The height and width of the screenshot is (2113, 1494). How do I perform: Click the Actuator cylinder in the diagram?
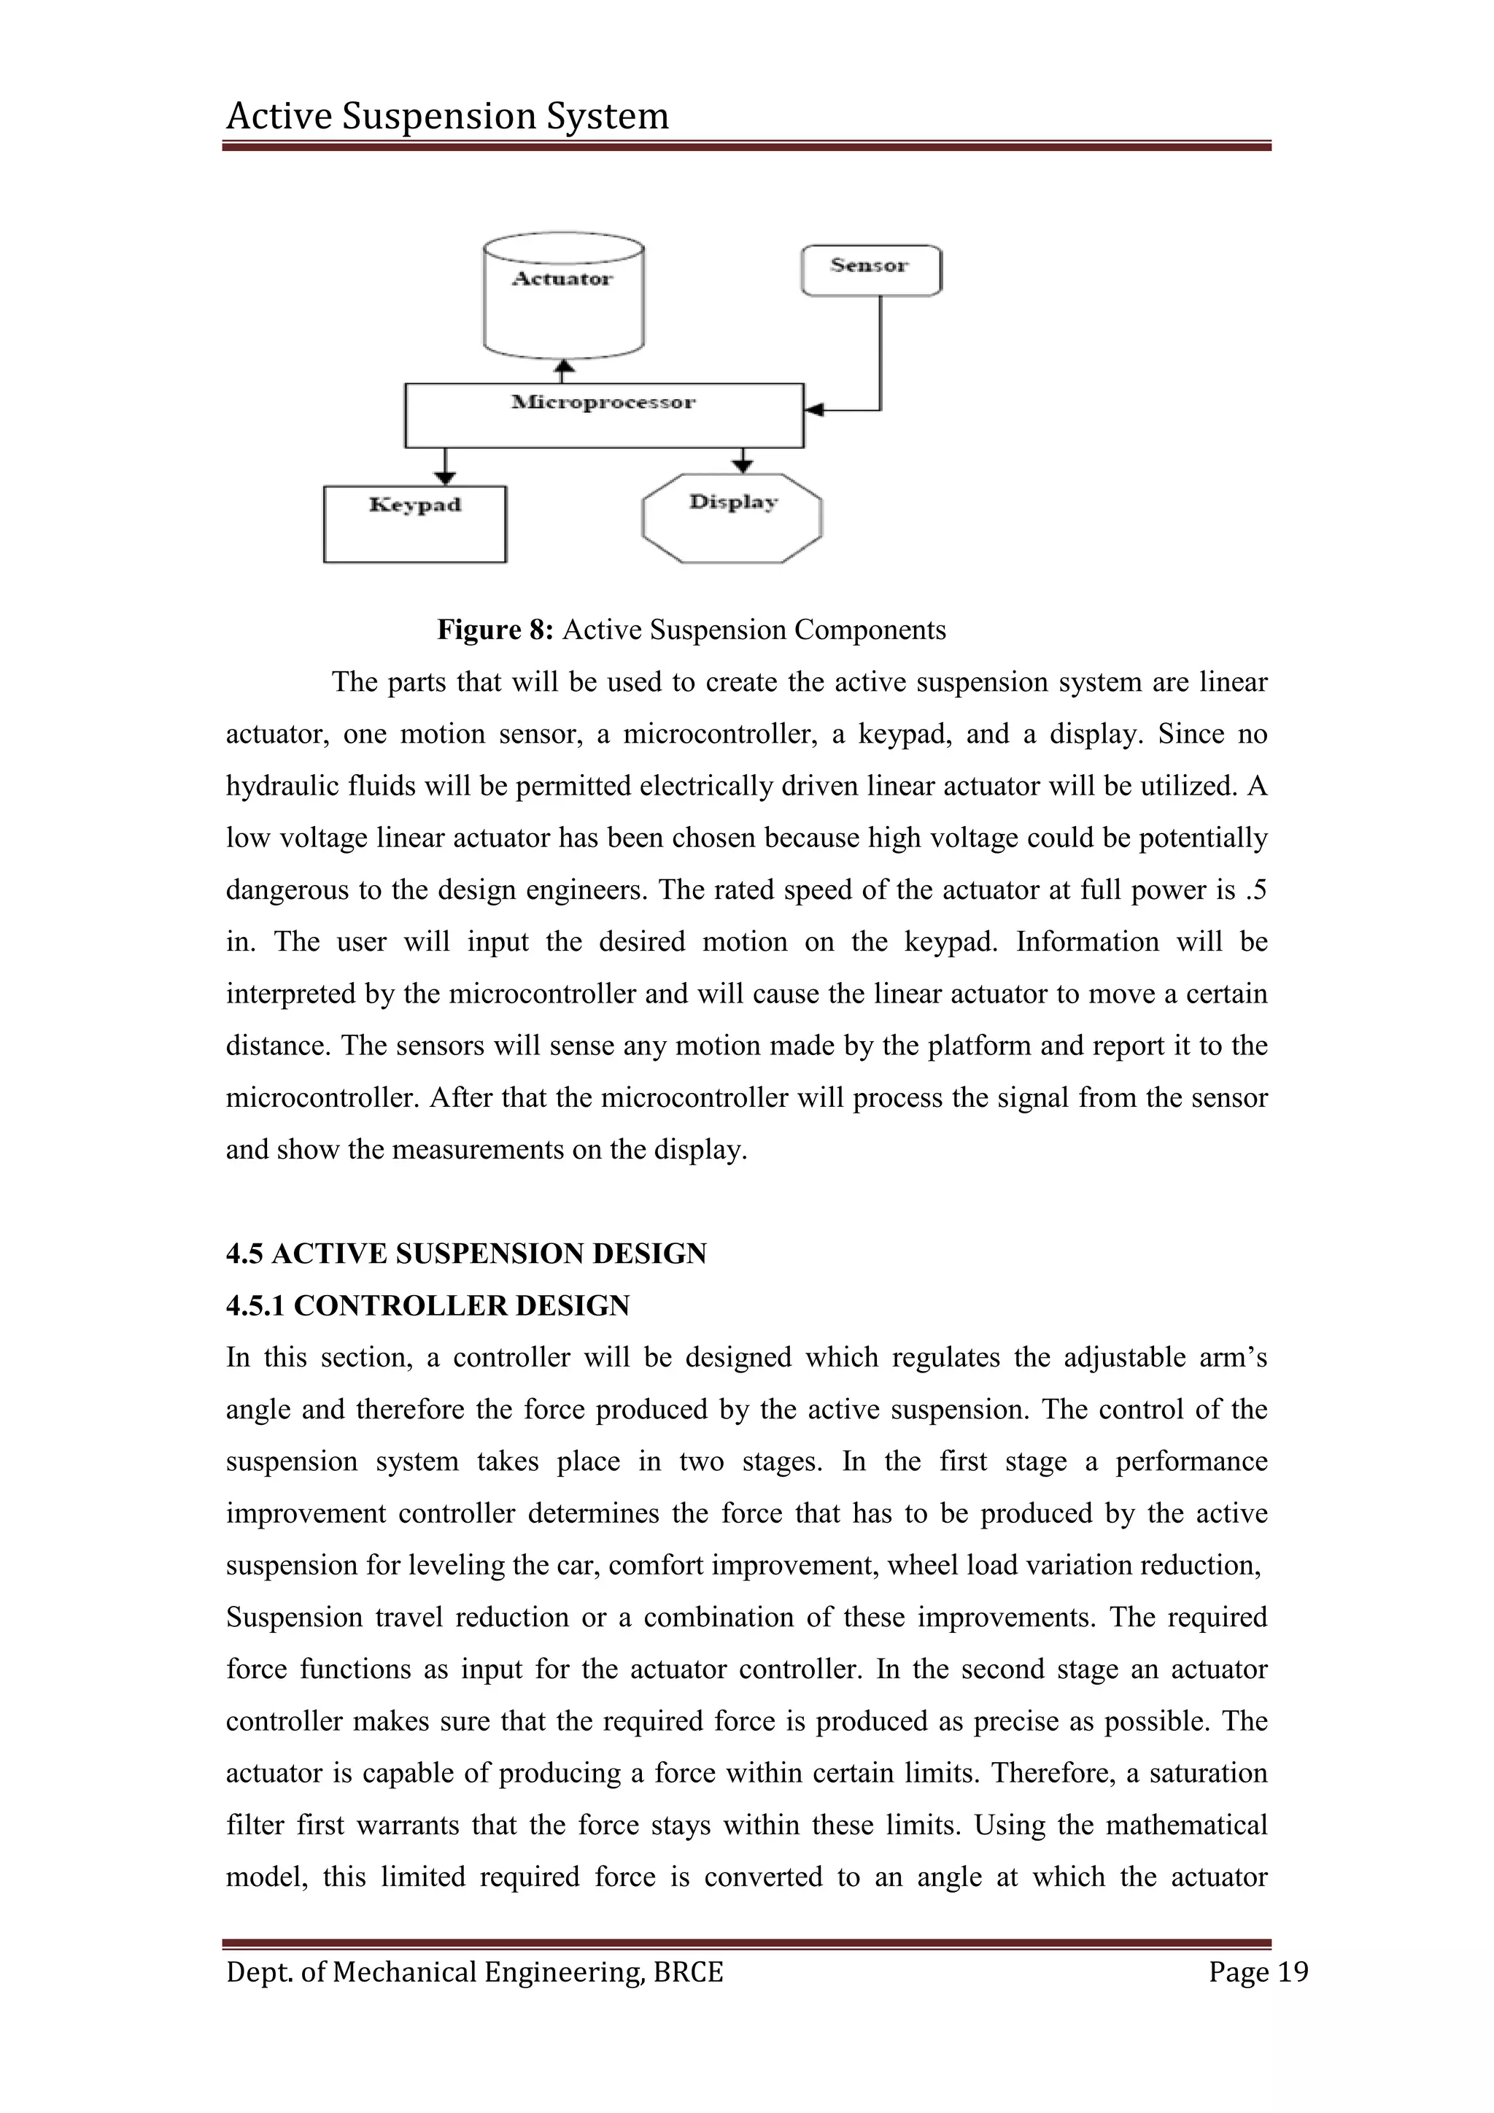(x=563, y=299)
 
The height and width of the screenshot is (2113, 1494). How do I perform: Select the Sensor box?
(x=870, y=270)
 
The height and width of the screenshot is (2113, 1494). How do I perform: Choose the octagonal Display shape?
(x=732, y=517)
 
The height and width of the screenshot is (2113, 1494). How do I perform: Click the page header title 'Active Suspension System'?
(x=447, y=117)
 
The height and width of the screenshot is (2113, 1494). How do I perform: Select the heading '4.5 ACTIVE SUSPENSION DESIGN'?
(x=466, y=1253)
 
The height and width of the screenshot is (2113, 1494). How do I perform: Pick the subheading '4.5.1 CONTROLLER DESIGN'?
(x=427, y=1305)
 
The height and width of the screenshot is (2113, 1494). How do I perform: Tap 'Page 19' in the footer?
(x=1258, y=1972)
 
